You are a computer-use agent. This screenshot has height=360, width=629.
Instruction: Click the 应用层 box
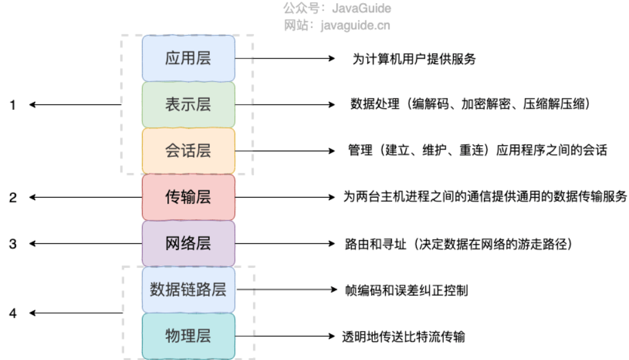point(188,59)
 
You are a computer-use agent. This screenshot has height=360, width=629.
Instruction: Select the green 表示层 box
point(188,104)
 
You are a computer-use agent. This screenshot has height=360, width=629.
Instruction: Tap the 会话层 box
point(188,151)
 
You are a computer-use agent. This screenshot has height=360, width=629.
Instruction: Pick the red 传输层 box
point(188,197)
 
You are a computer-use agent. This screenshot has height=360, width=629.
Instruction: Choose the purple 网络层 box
point(188,243)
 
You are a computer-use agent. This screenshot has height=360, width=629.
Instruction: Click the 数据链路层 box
point(188,289)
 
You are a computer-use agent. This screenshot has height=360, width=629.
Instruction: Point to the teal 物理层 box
point(188,336)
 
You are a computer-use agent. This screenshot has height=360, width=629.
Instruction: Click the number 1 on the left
point(12,105)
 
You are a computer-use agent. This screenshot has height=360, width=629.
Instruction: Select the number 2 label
point(12,198)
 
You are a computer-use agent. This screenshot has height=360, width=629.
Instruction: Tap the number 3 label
point(12,244)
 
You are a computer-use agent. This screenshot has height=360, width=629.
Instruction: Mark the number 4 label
point(12,313)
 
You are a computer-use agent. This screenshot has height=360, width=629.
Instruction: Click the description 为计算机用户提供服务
point(414,59)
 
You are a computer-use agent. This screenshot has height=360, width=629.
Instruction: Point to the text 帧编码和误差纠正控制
point(406,290)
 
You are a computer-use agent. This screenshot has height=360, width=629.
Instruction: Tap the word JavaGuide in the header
point(362,9)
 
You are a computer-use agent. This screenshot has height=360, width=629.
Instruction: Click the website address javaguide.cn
point(361,25)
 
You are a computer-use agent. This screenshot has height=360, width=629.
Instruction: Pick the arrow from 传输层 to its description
point(284,198)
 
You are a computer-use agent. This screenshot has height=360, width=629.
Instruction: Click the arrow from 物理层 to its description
point(284,337)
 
